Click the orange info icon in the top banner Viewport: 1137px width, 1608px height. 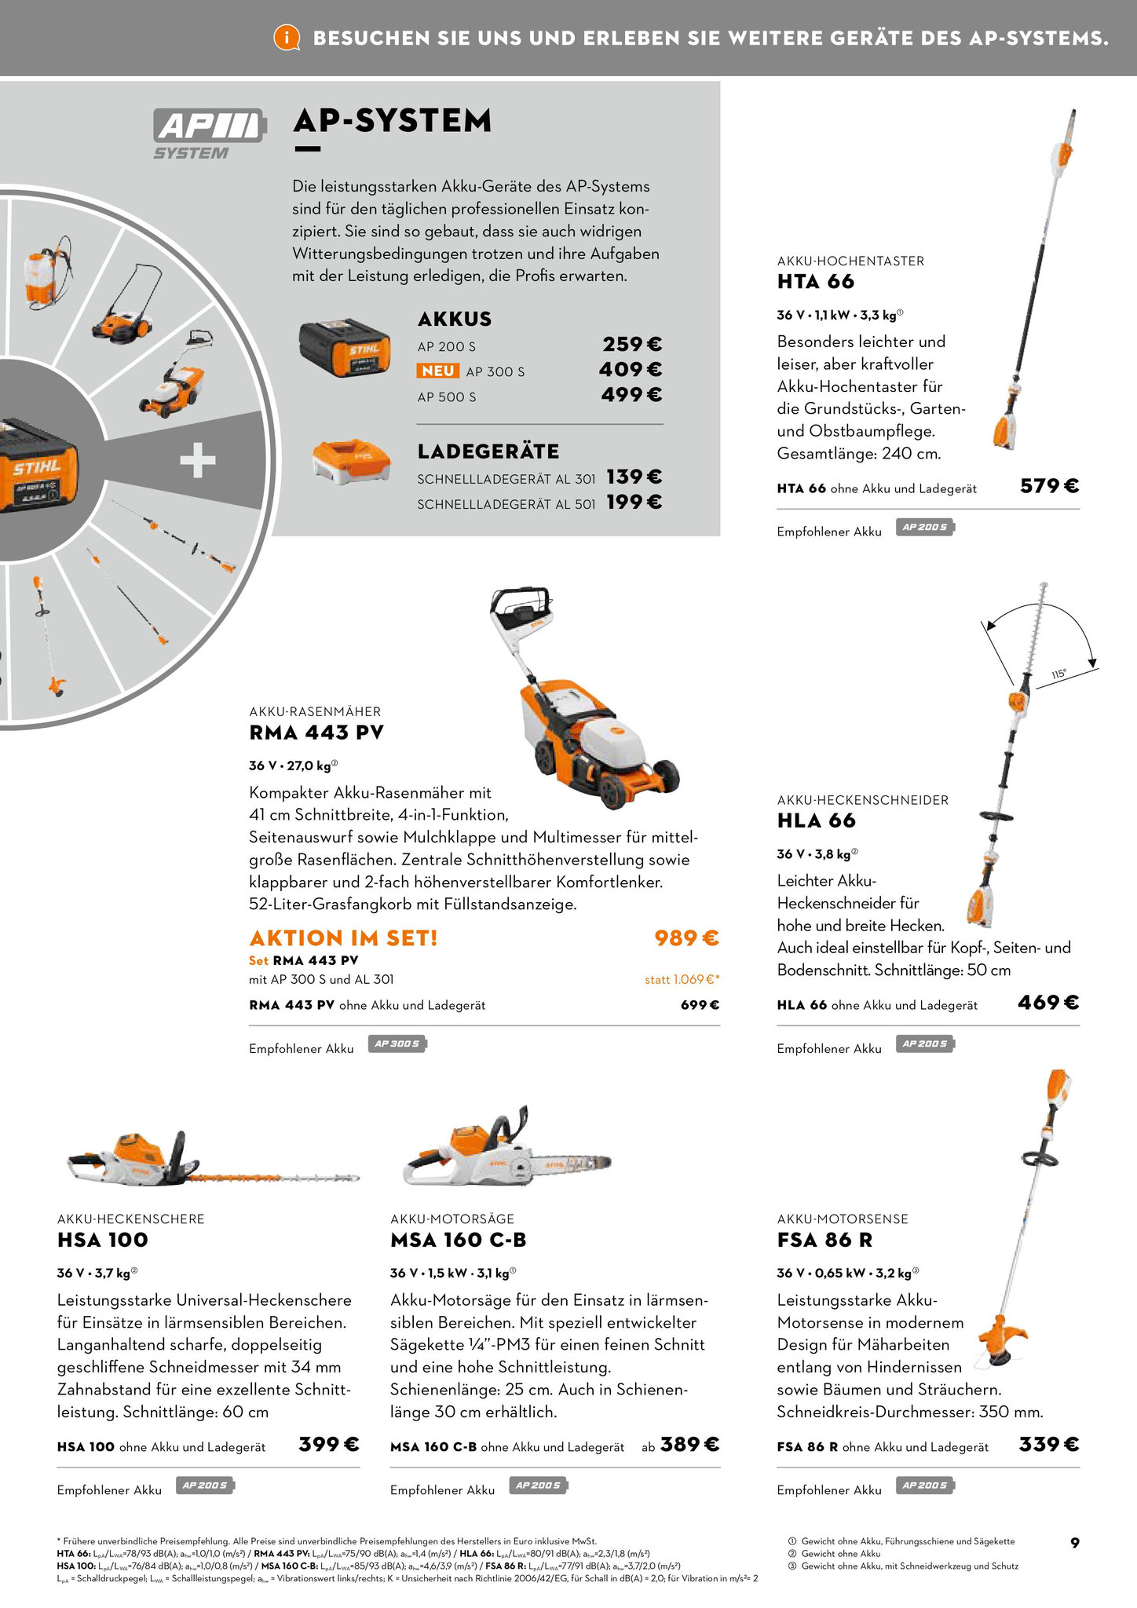pyautogui.click(x=287, y=38)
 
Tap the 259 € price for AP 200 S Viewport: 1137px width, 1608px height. pyautogui.click(x=632, y=345)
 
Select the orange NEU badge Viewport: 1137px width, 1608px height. pyautogui.click(x=438, y=371)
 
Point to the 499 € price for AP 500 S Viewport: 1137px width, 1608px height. pyautogui.click(x=632, y=395)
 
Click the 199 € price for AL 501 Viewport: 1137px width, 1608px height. pyautogui.click(x=634, y=502)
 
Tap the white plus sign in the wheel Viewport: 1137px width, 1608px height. pyautogui.click(x=197, y=460)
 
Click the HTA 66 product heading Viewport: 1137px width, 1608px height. pyautogui.click(x=816, y=282)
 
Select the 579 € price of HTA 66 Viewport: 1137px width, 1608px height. pyautogui.click(x=1050, y=486)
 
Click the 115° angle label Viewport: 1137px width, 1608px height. pyautogui.click(x=1059, y=674)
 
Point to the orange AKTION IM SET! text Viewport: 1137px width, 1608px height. pyautogui.click(x=343, y=938)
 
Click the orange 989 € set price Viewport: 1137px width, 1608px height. pyautogui.click(x=687, y=938)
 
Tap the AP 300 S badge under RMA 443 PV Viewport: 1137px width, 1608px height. pyautogui.click(x=397, y=1044)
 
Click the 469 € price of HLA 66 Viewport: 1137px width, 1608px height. pyautogui.click(x=1049, y=1003)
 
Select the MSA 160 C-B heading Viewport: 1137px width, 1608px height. pyautogui.click(x=459, y=1241)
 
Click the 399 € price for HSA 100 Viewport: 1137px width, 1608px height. pyautogui.click(x=329, y=1445)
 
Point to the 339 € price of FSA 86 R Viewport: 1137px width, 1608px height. pyautogui.click(x=1049, y=1445)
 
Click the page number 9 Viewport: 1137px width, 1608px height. pyautogui.click(x=1075, y=1543)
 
